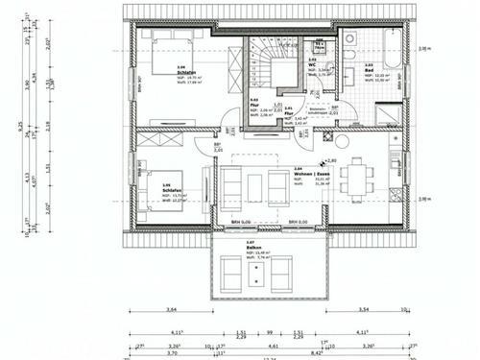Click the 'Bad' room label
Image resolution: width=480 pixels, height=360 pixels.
coord(370,71)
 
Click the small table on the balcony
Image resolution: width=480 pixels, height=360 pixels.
coord(258,276)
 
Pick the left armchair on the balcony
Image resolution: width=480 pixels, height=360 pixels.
coord(232,276)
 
